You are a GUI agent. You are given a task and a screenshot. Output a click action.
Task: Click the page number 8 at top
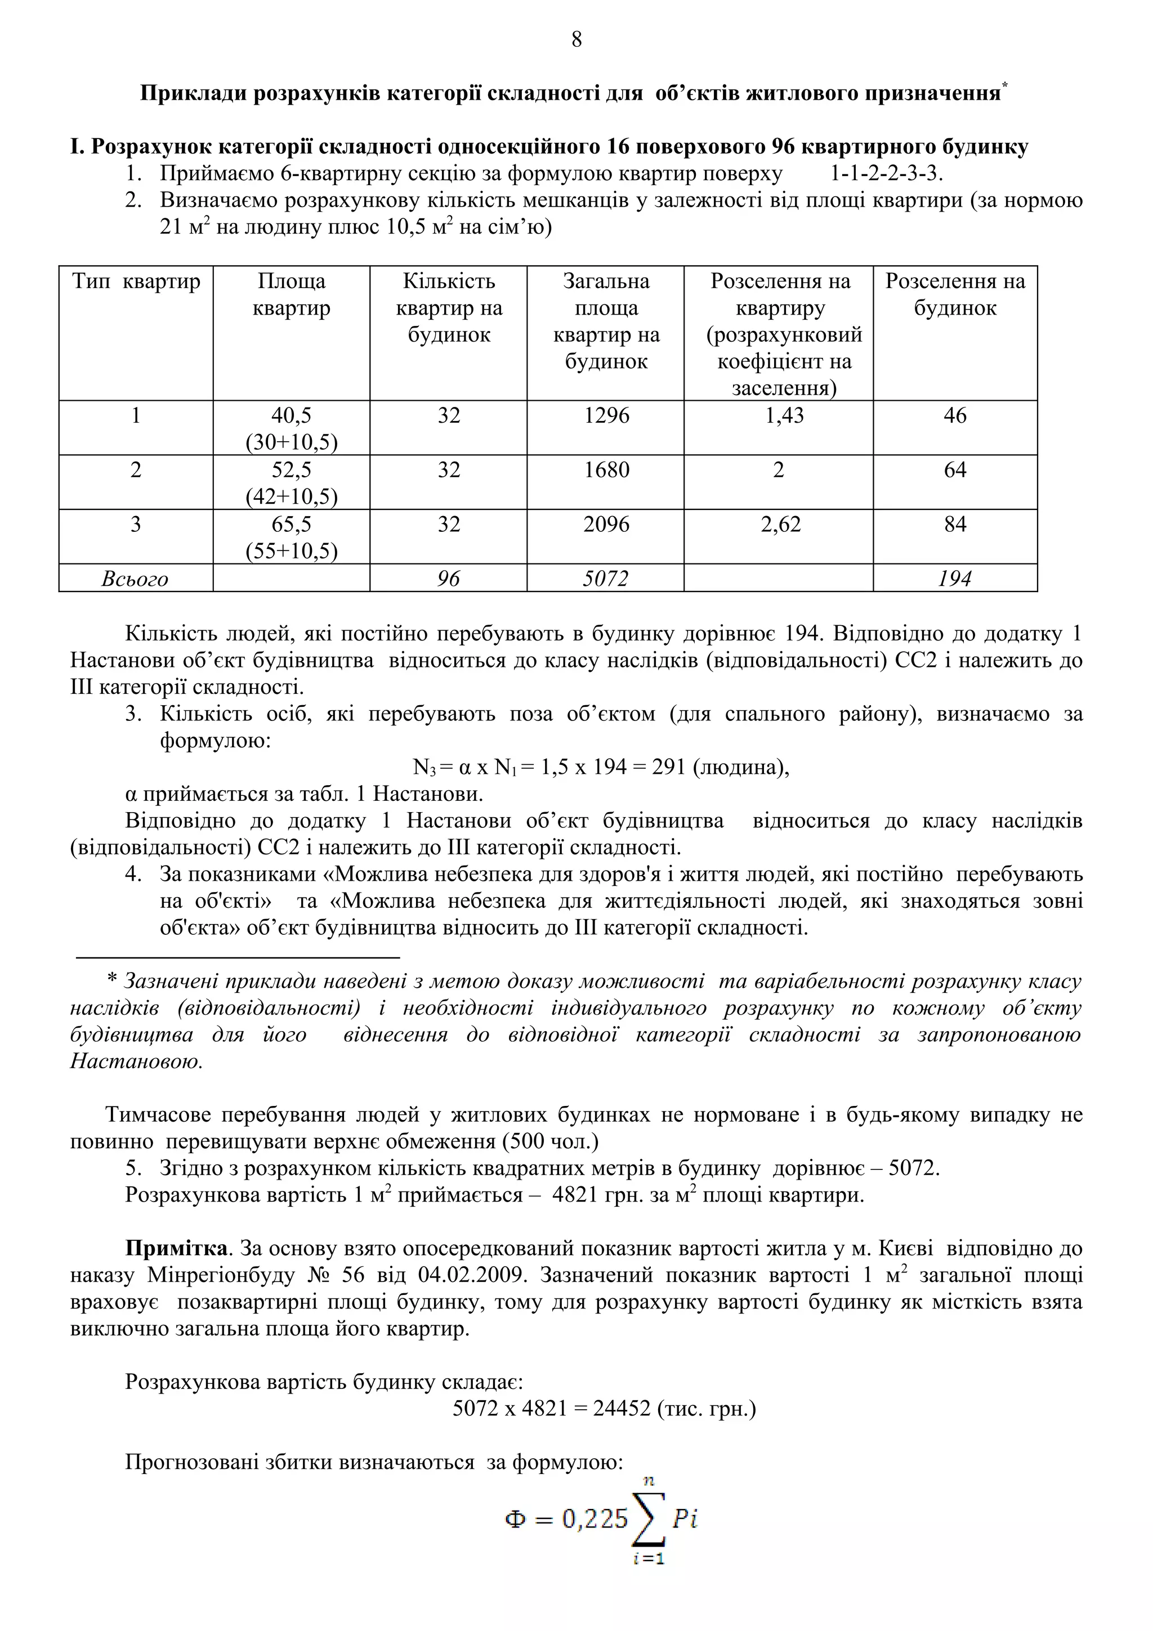[x=576, y=40]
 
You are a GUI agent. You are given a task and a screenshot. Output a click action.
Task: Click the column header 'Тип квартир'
[x=136, y=282]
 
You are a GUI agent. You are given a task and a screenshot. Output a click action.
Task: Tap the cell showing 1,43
[x=784, y=415]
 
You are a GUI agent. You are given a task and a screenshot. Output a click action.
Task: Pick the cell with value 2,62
[x=780, y=525]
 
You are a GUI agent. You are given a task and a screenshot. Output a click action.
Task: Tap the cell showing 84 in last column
[x=955, y=525]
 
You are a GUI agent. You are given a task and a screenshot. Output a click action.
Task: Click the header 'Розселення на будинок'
[x=955, y=295]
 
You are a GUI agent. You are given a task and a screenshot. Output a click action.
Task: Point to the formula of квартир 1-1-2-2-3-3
[x=887, y=174]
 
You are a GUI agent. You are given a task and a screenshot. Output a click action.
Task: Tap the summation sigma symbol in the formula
[x=649, y=1520]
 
